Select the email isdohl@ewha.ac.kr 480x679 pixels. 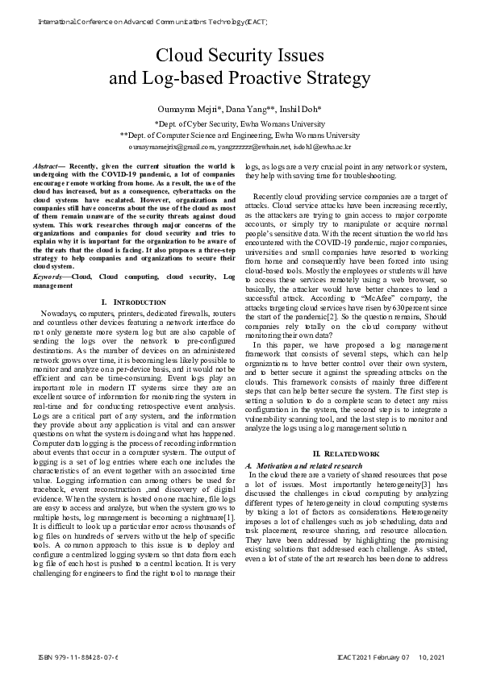pyautogui.click(x=323, y=148)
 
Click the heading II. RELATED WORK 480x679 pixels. pyautogui.click(x=345, y=454)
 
